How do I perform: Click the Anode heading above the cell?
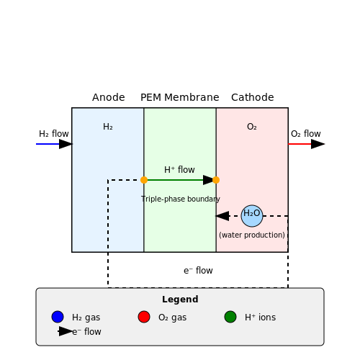coord(109,97)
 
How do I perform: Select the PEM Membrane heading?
coord(180,97)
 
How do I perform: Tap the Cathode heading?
coord(253,97)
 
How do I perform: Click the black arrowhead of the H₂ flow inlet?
coord(66,144)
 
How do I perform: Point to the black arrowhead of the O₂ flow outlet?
coord(318,144)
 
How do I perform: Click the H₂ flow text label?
coord(54,134)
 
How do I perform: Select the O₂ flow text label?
coord(306,134)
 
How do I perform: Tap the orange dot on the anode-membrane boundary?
coord(144,180)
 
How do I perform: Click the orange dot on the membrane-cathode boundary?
coord(216,180)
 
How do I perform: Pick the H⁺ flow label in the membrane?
coord(179,170)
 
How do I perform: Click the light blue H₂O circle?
coord(252,216)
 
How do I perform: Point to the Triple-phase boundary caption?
coord(181,199)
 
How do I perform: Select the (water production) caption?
coord(252,235)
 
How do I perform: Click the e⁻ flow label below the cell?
coord(198,271)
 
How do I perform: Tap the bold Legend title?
coord(180,300)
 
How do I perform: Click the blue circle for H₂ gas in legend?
coord(58,317)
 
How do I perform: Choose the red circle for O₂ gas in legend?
coord(144,317)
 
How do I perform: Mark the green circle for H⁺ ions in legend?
coord(230,317)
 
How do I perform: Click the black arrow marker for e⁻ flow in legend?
coord(66,331)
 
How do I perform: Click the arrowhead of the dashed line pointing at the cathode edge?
coord(222,216)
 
